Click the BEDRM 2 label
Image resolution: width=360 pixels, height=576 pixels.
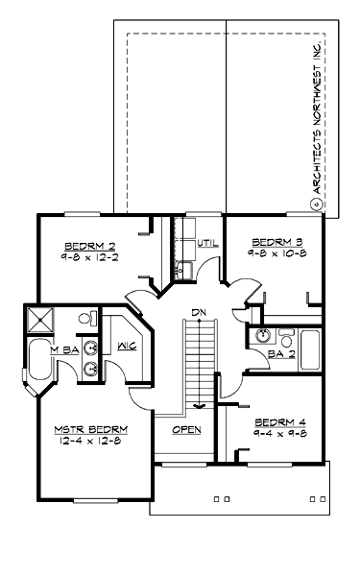(84, 244)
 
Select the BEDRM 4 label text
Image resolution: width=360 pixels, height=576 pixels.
(281, 421)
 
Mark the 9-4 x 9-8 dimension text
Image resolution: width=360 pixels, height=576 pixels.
(281, 434)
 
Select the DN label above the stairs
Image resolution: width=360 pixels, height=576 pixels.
(198, 312)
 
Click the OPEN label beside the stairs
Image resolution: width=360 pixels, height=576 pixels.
(186, 429)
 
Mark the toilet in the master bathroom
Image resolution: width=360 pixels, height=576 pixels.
(85, 318)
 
